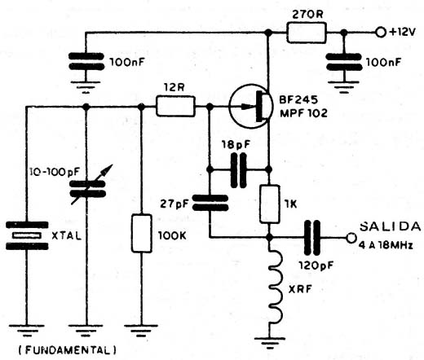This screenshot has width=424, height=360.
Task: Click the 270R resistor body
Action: pos(307,33)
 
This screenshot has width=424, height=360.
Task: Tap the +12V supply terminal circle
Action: pos(380,33)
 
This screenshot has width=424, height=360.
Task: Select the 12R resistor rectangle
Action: pos(175,107)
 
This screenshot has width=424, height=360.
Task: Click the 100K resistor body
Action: pos(142,234)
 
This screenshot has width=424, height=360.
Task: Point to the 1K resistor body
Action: pos(269,204)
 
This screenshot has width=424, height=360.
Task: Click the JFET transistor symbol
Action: pos(250,106)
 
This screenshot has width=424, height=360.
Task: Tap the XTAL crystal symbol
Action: pos(27,235)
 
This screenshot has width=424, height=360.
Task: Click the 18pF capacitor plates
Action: pos(239,170)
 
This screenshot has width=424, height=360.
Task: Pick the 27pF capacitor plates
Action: pos(210,203)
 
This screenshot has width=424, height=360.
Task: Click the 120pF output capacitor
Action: pos(312,238)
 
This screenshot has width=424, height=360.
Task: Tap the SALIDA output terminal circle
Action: pos(351,238)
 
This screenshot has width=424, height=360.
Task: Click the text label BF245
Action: pos(298,100)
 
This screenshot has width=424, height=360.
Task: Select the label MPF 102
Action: pos(303,113)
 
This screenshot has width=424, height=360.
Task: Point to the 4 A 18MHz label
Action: pos(386,246)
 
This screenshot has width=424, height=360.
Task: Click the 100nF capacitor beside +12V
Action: pos(344,63)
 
